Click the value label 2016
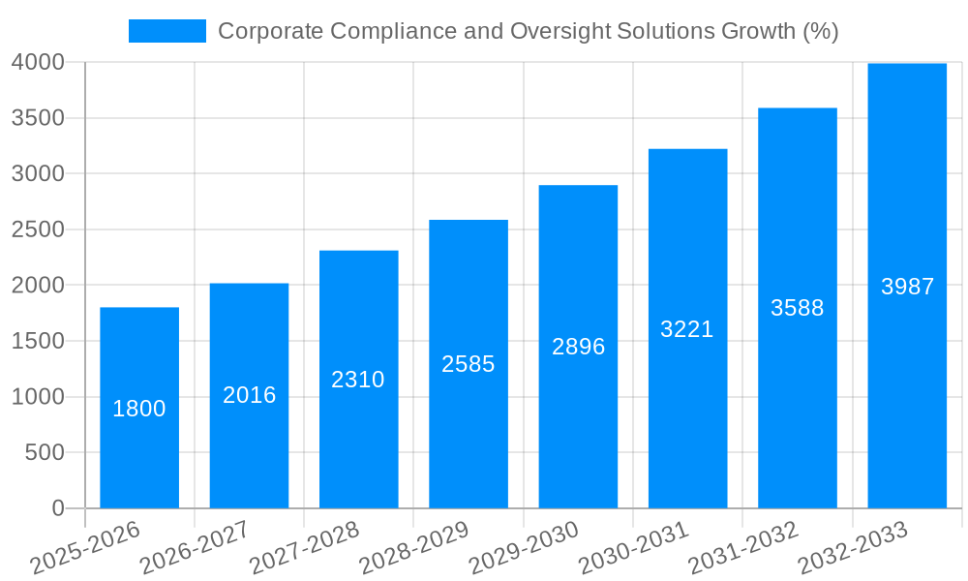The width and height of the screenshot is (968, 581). (250, 395)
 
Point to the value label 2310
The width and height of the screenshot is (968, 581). (358, 380)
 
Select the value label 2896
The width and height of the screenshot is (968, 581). (578, 347)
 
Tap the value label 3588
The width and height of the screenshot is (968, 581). (797, 308)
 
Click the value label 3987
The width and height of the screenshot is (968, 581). (907, 287)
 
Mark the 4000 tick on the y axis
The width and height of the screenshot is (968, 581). (38, 63)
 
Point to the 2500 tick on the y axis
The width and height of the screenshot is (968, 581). (38, 229)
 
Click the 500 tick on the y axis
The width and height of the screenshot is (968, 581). (45, 452)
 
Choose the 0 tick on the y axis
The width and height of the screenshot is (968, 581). (58, 508)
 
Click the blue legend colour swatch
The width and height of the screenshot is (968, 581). (167, 31)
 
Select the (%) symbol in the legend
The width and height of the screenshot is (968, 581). (820, 31)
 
